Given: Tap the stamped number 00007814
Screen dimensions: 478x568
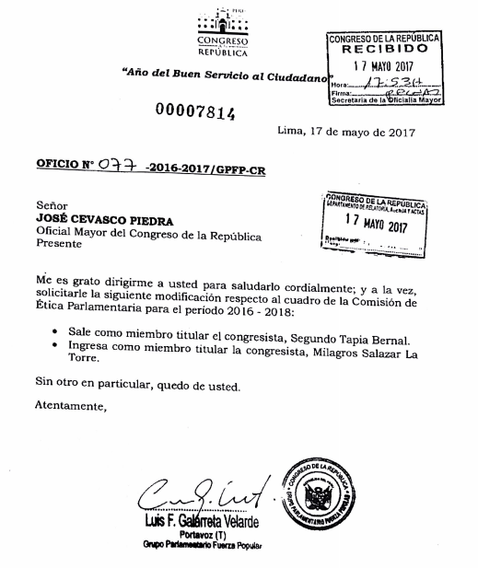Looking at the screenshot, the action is pos(195,113).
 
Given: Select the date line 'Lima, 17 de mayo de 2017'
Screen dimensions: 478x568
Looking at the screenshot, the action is pos(345,133).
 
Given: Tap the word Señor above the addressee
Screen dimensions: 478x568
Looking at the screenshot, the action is pos(52,206).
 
